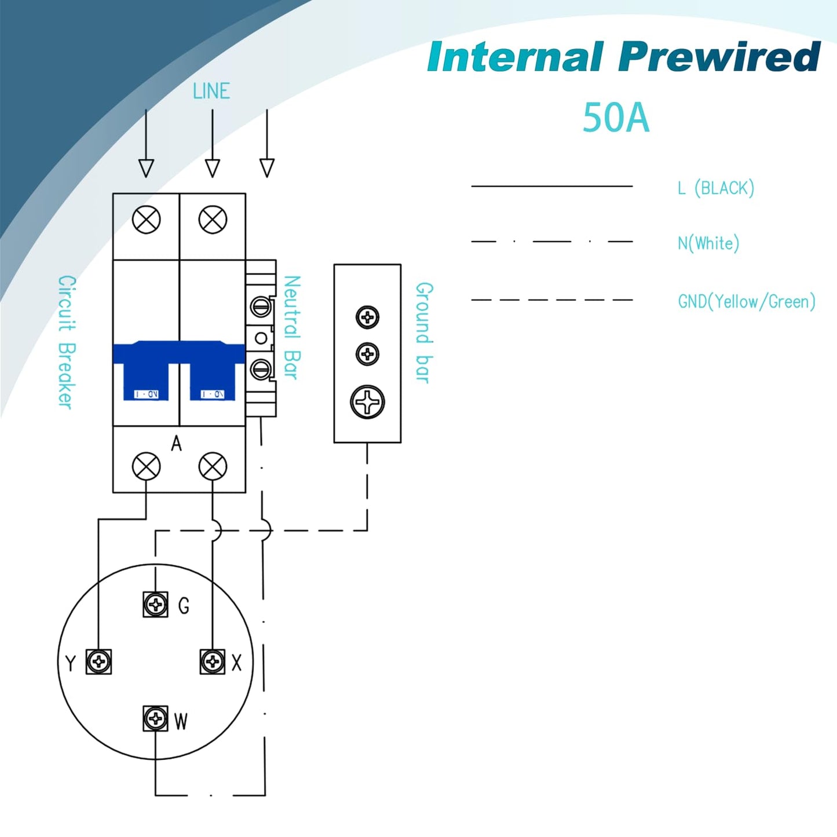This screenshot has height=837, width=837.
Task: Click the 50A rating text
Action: (x=616, y=117)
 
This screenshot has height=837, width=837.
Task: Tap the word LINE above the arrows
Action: (x=211, y=91)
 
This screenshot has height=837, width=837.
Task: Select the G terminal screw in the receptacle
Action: (x=155, y=604)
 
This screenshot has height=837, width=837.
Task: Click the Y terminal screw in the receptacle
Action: (x=98, y=661)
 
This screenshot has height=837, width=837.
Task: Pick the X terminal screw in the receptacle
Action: (x=213, y=661)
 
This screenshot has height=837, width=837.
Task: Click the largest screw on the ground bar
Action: (x=367, y=402)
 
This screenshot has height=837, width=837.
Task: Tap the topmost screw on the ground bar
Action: (x=367, y=317)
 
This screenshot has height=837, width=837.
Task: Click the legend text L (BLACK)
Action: (x=716, y=188)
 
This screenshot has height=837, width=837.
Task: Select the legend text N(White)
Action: (x=708, y=243)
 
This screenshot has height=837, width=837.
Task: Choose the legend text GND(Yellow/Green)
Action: (x=747, y=301)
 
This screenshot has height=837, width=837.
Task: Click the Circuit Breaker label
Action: (x=67, y=342)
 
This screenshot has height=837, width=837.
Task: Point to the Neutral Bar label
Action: (x=291, y=328)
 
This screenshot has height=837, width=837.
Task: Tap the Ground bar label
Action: (x=425, y=332)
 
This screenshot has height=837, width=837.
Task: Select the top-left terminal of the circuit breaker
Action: (x=147, y=220)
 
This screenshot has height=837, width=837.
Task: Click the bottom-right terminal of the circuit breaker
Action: (x=213, y=466)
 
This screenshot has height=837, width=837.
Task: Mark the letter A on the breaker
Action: (x=176, y=444)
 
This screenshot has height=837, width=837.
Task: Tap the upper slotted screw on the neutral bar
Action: (x=261, y=308)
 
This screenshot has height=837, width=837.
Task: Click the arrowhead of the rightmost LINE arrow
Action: (x=266, y=168)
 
